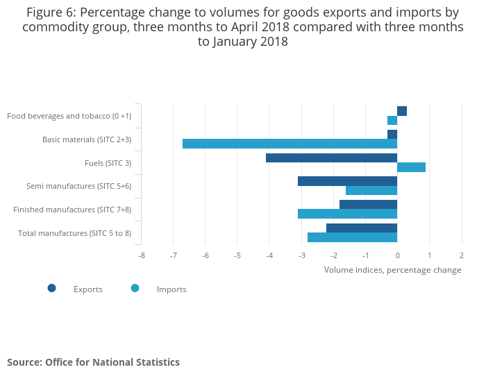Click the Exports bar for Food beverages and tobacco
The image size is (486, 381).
(x=402, y=111)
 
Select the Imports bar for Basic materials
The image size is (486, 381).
(x=290, y=144)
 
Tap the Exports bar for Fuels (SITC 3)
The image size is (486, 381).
(x=331, y=158)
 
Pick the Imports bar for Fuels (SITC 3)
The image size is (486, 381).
(x=411, y=167)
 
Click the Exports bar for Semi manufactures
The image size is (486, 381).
(x=347, y=181)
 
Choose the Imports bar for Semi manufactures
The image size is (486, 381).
(x=371, y=191)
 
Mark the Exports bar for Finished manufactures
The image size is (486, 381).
(x=368, y=205)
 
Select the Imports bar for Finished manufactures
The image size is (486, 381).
(x=347, y=214)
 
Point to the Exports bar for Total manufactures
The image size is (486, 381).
(x=362, y=228)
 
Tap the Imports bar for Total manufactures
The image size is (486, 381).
(x=352, y=237)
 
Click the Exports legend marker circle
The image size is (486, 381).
(x=52, y=288)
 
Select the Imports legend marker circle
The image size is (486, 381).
(x=135, y=288)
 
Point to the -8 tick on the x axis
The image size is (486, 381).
(x=142, y=255)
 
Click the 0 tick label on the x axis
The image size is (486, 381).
(x=397, y=255)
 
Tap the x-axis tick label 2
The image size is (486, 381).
(x=462, y=255)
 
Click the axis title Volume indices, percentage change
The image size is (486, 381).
(x=392, y=270)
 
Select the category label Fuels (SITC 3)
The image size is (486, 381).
(x=107, y=163)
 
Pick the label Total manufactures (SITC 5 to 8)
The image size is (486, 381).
(x=74, y=233)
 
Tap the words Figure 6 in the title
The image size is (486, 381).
(x=51, y=12)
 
